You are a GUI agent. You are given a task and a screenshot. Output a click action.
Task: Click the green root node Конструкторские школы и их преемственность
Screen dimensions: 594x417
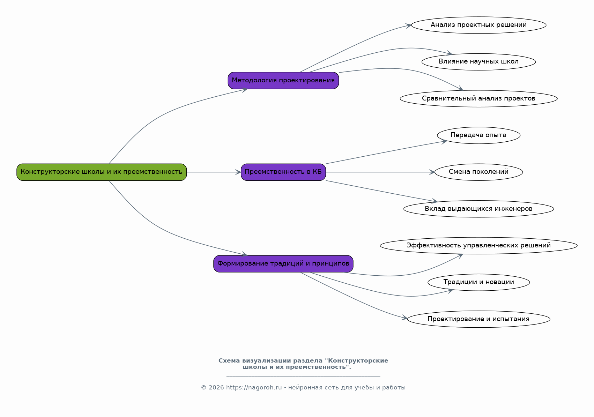[102, 172]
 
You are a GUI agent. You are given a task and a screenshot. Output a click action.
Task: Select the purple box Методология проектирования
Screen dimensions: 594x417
[283, 80]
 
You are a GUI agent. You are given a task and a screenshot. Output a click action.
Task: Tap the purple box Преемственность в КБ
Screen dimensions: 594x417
[283, 172]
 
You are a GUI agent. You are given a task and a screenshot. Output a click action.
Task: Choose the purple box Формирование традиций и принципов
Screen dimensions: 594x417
[283, 264]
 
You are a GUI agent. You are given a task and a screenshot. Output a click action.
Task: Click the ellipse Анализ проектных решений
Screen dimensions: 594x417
[478, 25]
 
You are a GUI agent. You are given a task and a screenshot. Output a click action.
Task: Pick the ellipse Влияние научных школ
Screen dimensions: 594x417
[478, 62]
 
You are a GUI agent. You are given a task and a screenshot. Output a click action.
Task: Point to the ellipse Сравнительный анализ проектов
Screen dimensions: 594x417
[478, 99]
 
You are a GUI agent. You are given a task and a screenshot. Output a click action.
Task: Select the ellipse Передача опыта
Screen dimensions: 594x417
[478, 135]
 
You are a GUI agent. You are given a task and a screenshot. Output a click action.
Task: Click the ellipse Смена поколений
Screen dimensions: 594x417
[478, 172]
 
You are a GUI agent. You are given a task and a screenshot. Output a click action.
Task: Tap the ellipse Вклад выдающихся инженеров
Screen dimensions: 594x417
[478, 209]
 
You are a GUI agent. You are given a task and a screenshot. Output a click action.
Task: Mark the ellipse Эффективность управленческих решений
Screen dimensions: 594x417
[478, 246]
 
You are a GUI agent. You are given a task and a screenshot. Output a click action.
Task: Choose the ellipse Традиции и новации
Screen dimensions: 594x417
[478, 282]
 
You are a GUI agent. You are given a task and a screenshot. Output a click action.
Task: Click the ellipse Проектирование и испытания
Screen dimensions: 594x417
[478, 319]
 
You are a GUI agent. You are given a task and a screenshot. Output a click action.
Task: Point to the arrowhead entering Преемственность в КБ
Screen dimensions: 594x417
[238, 172]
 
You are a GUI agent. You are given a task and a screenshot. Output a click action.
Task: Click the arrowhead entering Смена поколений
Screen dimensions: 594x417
[432, 172]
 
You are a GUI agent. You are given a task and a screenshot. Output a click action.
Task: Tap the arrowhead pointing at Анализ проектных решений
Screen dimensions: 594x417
[409, 26]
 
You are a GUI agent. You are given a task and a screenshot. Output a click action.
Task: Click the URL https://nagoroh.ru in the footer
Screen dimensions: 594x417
[254, 388]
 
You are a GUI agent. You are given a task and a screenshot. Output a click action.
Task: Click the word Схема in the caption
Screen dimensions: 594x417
[229, 361]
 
